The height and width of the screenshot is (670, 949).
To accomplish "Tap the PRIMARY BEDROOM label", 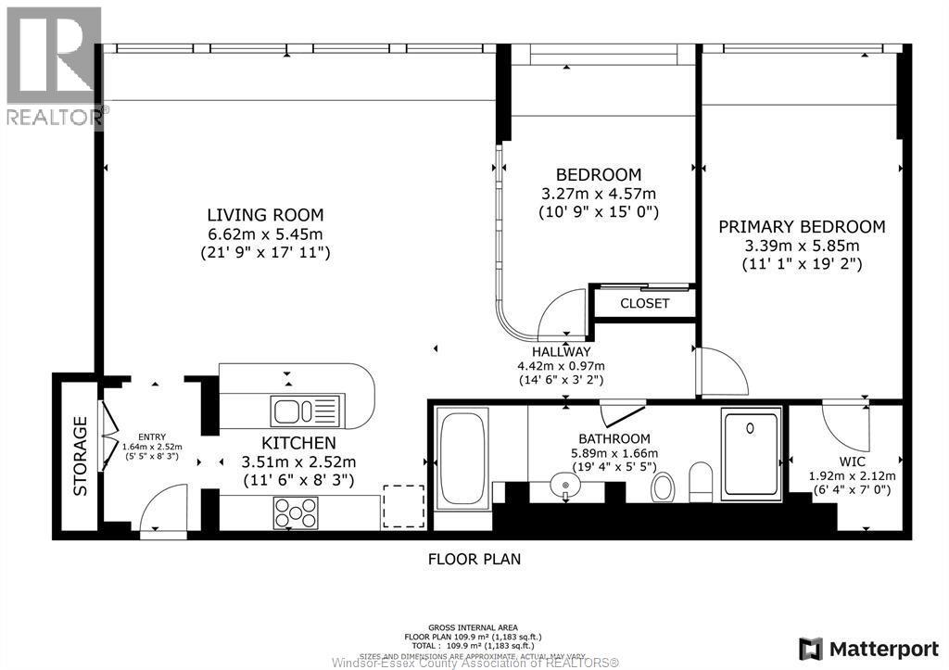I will coord(802,226).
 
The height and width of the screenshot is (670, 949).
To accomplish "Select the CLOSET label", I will coord(644,303).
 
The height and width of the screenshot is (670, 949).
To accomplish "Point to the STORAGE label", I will coord(81,455).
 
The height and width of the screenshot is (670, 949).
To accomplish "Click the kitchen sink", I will coord(307,410).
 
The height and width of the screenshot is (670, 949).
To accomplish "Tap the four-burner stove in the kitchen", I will coord(295,512).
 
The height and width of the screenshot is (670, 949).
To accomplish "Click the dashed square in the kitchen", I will coord(403,506).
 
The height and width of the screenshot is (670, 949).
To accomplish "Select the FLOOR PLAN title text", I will coord(474,559).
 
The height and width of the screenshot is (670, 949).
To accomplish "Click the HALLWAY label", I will coord(561,351).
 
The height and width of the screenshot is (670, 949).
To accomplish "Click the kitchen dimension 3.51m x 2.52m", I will coord(298,461).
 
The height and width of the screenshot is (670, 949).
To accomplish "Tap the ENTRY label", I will coord(151,436).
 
